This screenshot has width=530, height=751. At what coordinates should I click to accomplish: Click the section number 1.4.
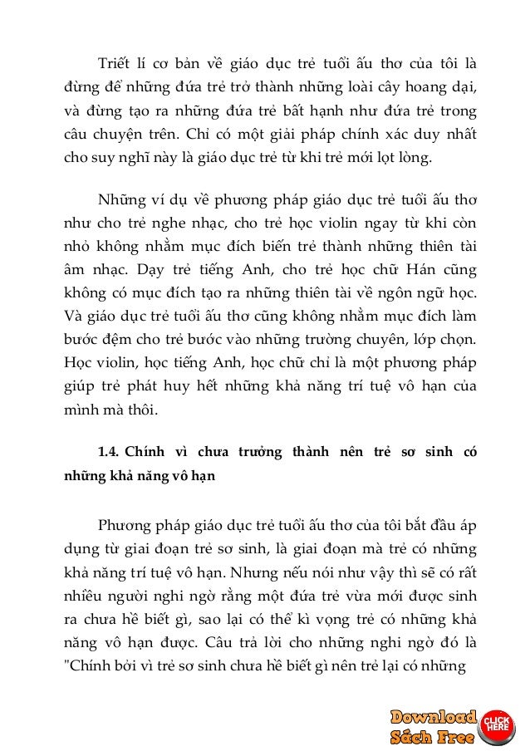[x=110, y=454]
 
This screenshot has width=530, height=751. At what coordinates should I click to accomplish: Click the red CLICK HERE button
[x=496, y=723]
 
